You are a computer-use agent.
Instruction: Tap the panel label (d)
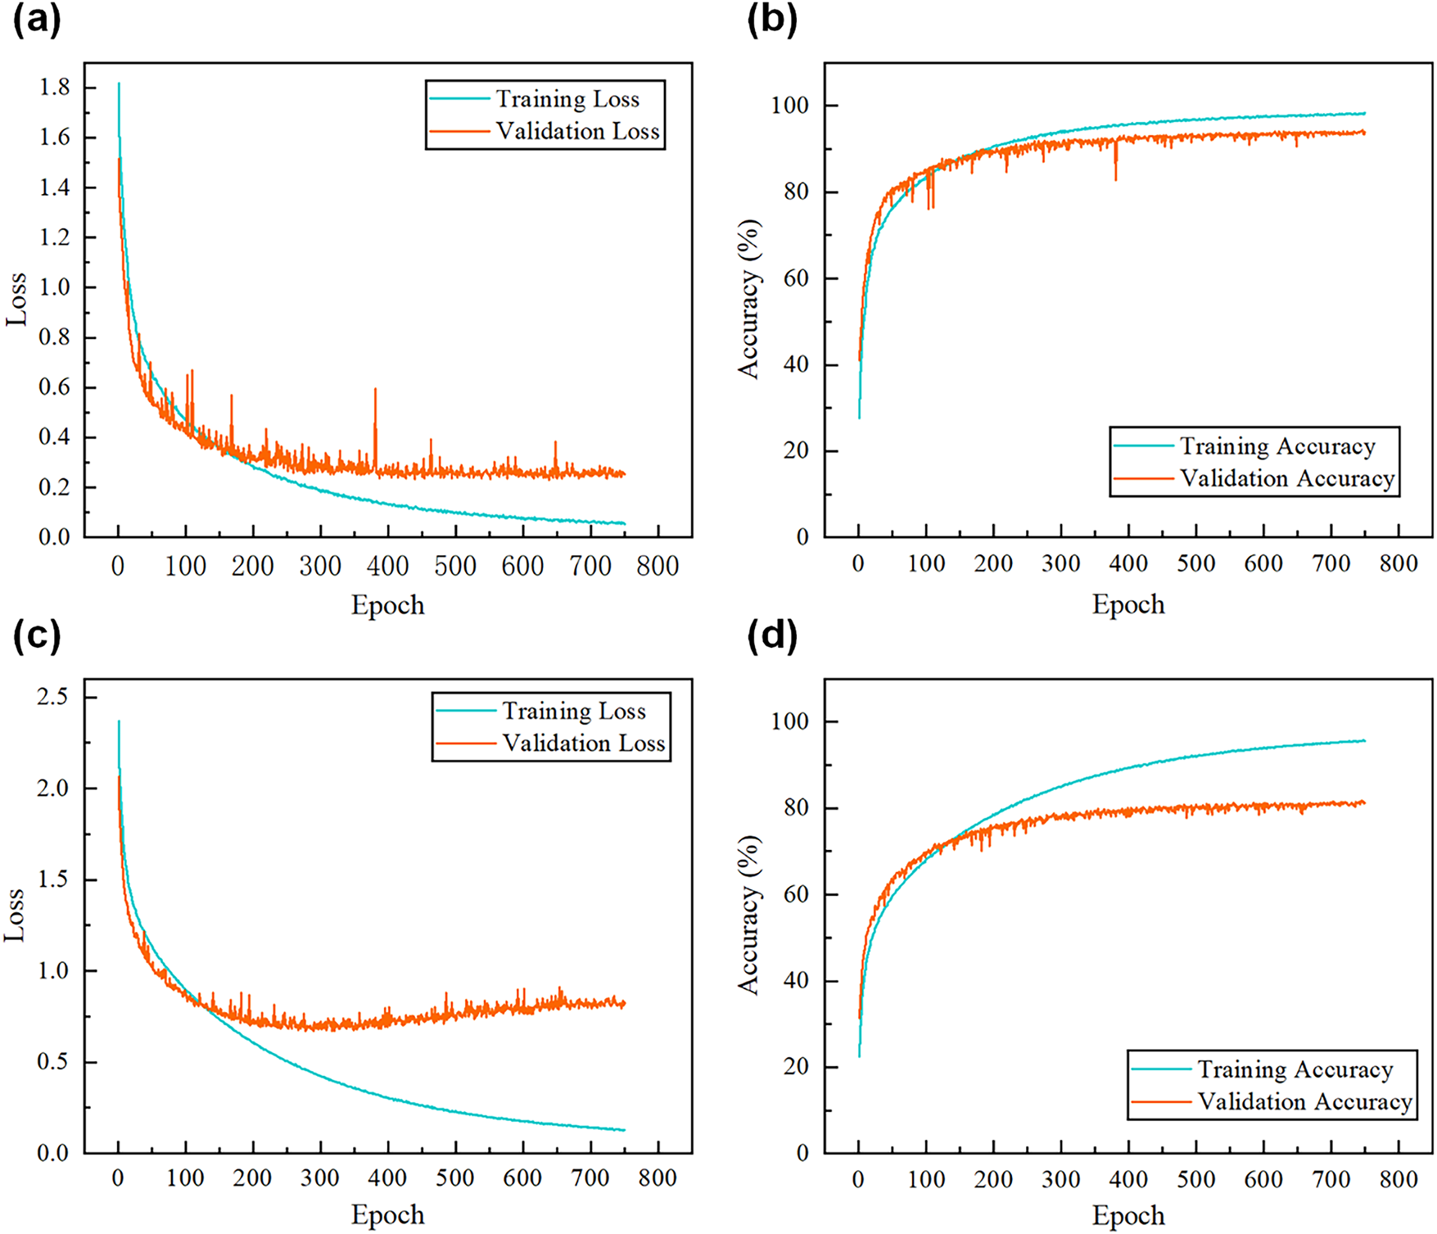(772, 637)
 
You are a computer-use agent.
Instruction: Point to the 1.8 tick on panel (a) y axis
(55, 88)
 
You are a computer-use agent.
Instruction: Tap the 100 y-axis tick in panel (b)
(789, 106)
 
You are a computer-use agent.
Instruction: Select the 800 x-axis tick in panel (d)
(1399, 1179)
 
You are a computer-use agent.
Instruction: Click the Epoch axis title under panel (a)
(388, 605)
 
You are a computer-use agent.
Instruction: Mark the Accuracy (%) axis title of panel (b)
(748, 299)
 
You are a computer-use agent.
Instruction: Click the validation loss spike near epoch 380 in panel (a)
(375, 391)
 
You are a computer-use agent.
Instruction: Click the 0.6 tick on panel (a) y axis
(55, 387)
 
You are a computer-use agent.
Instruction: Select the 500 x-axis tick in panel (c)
(455, 1179)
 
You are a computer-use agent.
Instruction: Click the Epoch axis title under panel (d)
(1128, 1215)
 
